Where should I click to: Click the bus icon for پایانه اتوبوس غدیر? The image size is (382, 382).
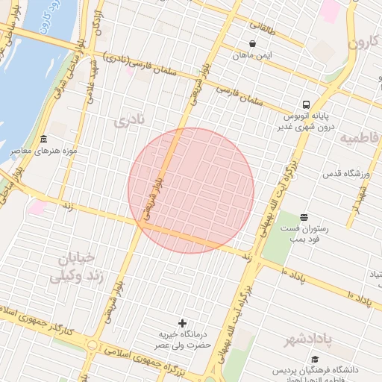(x=307, y=104)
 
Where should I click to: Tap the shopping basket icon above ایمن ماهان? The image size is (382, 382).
(x=253, y=43)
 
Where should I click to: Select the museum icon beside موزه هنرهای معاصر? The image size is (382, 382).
(x=43, y=140)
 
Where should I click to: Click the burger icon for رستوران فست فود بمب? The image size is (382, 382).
(x=303, y=216)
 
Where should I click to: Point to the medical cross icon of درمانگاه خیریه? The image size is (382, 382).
(x=182, y=323)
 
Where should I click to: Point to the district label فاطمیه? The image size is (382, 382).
(x=360, y=138)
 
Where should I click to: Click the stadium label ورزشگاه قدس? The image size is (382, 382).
(x=346, y=174)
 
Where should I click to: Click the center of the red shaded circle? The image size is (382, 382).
(x=191, y=191)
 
